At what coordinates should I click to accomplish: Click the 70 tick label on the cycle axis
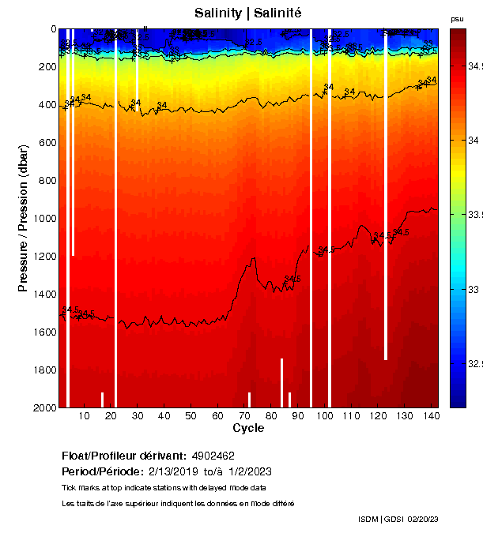pos(244,416)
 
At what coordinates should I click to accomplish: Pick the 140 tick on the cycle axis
pos(431,416)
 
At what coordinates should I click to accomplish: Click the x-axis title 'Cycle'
pos(247,428)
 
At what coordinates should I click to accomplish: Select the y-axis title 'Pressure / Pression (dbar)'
pos(24,218)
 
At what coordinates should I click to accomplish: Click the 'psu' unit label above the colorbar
pos(457,19)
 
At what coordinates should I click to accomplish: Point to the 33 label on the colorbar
pos(474,290)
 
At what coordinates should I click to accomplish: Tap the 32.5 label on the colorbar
pos(474,365)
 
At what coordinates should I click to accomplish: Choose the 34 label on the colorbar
pos(474,141)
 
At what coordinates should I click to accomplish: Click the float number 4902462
pos(213,456)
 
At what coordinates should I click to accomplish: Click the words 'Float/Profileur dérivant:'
pos(124,456)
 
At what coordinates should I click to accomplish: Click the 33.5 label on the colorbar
pos(474,215)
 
